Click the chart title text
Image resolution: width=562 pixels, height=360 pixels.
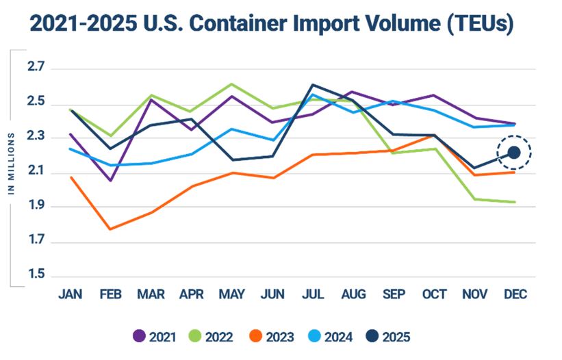point(272,25)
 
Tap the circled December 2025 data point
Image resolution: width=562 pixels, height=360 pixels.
point(514,153)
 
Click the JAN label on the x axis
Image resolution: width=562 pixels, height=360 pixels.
point(71,294)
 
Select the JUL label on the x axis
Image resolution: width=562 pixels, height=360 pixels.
point(313,294)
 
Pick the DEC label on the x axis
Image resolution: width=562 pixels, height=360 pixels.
point(514,294)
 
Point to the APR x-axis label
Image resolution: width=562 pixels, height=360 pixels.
point(191,294)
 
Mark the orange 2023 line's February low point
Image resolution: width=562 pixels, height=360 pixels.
point(110,229)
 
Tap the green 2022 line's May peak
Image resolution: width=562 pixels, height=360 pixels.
point(231,84)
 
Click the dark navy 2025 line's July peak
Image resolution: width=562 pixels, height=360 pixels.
point(313,85)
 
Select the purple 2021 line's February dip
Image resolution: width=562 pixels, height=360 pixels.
point(110,181)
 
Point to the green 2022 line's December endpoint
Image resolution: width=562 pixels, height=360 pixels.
point(514,202)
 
